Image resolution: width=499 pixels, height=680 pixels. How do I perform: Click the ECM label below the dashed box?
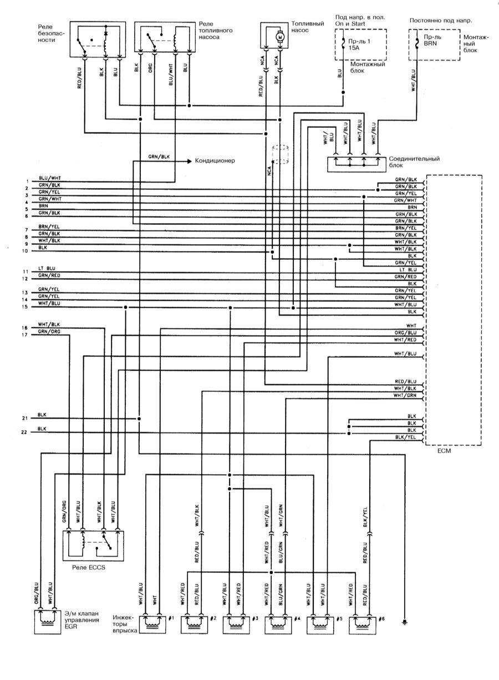pos(444,450)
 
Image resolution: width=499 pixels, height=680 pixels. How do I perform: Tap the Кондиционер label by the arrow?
pos(215,160)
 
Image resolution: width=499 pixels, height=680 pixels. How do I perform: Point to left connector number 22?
pos(24,432)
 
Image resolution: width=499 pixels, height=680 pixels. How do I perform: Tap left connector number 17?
pos(24,335)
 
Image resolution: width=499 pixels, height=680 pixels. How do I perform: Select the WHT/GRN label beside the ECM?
pos(405,395)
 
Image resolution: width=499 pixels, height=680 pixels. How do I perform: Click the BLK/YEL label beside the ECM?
pos(405,437)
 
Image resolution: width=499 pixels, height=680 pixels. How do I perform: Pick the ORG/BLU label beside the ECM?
pos(405,333)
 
